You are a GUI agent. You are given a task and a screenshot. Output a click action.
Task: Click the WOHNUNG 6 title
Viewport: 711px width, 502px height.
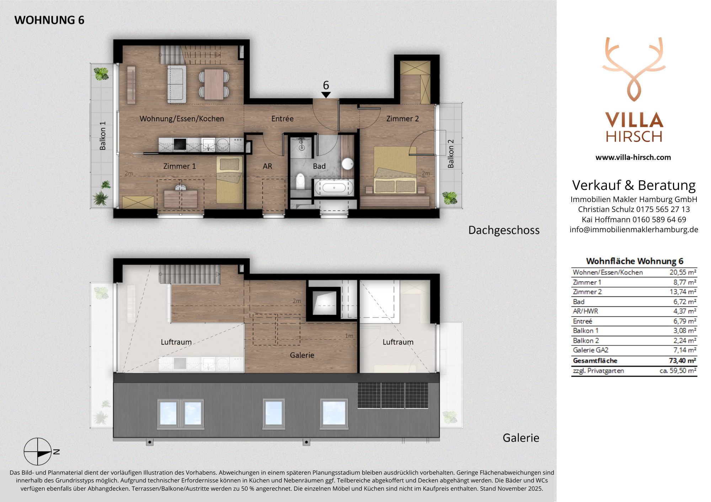click(x=49, y=20)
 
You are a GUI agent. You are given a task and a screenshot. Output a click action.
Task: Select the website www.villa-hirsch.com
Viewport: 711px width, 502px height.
click(x=633, y=157)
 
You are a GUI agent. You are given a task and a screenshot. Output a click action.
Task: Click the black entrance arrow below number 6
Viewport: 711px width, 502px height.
click(x=326, y=95)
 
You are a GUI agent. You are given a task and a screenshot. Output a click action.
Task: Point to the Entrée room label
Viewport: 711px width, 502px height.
click(x=282, y=119)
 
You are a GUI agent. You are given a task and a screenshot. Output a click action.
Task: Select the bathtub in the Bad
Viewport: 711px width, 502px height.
click(x=334, y=187)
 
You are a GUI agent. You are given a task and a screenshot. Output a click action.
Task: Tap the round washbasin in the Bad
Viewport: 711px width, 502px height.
click(x=347, y=164)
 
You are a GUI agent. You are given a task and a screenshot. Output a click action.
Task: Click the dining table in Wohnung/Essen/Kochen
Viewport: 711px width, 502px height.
click(x=214, y=84)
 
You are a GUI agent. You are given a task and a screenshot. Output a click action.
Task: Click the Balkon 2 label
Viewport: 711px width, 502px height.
click(x=451, y=154)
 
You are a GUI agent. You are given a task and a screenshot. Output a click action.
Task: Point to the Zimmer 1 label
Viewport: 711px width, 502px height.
click(x=179, y=166)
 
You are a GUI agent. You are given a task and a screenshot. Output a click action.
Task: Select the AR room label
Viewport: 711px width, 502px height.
click(x=267, y=166)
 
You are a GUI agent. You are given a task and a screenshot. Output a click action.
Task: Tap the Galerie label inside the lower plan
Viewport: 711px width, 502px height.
click(x=302, y=355)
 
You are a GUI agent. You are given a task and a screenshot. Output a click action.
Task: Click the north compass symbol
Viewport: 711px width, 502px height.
click(x=38, y=452)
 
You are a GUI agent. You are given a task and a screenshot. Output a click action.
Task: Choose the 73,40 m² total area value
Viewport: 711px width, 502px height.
click(x=682, y=361)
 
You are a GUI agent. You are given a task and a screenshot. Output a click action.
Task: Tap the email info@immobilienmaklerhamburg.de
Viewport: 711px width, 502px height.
click(x=634, y=230)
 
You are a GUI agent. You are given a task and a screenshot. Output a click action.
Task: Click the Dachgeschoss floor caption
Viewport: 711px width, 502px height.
click(x=504, y=230)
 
